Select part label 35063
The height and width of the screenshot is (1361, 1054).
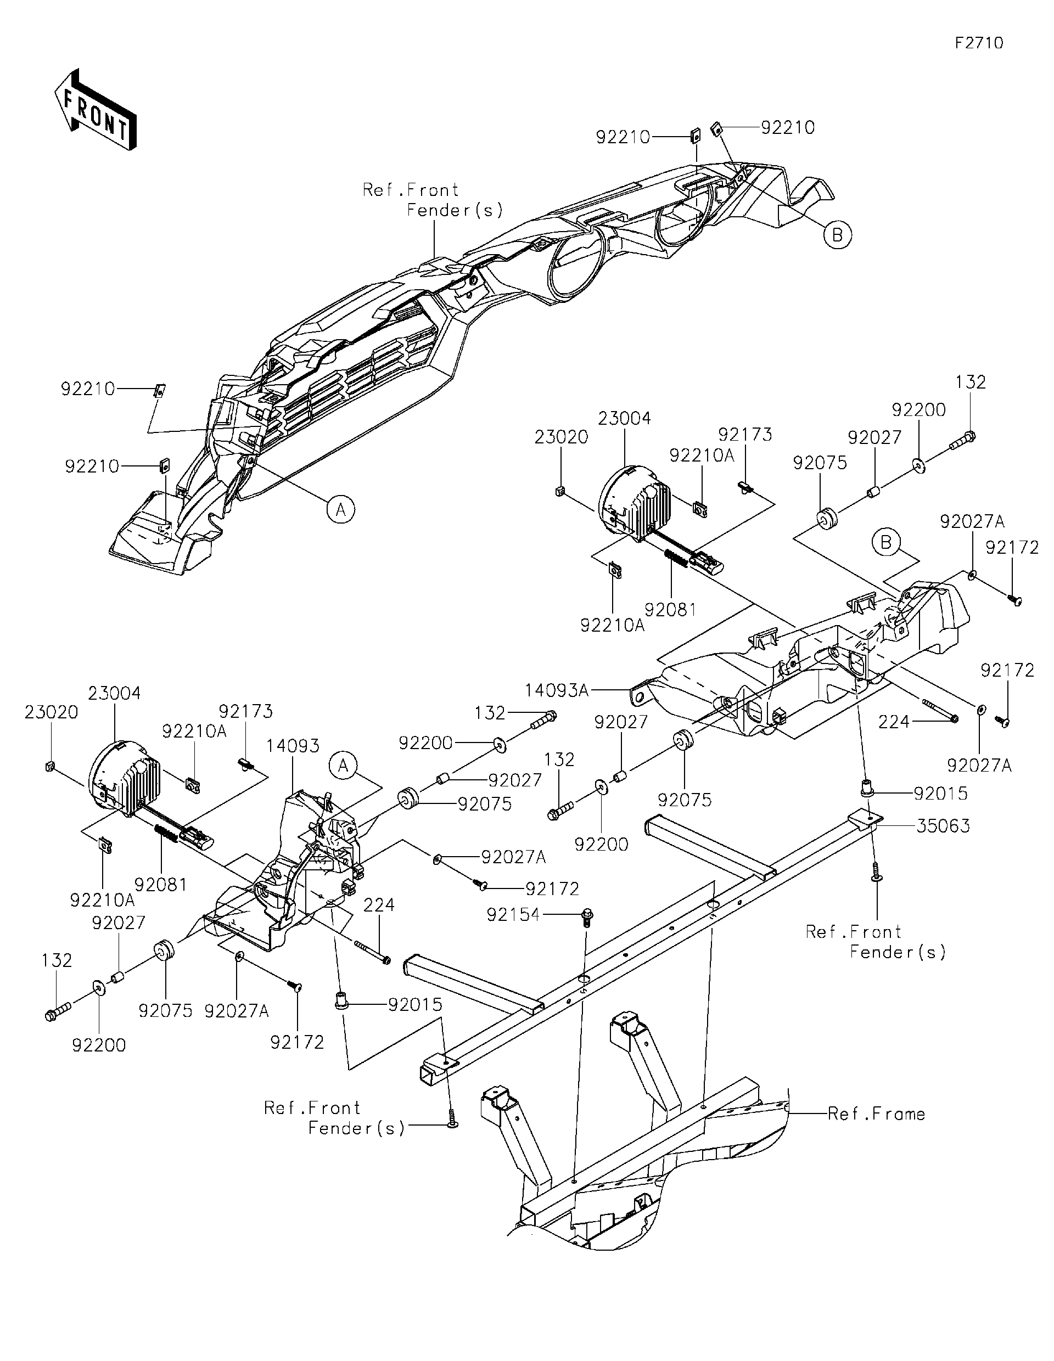point(943,826)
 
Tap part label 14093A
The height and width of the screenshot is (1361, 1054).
point(557,690)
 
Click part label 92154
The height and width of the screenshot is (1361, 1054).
point(513,914)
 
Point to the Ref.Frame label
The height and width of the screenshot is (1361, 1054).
point(876,1114)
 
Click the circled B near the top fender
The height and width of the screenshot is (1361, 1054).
point(837,235)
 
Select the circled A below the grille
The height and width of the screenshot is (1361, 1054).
point(340,509)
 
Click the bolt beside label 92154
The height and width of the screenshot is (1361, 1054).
point(587,916)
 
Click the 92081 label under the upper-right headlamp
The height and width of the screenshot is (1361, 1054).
point(670,610)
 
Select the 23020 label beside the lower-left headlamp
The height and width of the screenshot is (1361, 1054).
point(51,712)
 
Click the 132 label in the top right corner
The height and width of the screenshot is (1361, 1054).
point(971,382)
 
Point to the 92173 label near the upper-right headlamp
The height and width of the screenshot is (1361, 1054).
point(745,434)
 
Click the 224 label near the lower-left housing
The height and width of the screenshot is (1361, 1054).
point(379,904)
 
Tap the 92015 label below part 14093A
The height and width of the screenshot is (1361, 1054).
point(940,794)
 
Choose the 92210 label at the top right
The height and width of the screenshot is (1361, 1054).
point(788,127)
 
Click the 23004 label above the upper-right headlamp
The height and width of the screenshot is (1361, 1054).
point(624,418)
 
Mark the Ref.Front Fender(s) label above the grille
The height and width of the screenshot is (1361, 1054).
point(433,200)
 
